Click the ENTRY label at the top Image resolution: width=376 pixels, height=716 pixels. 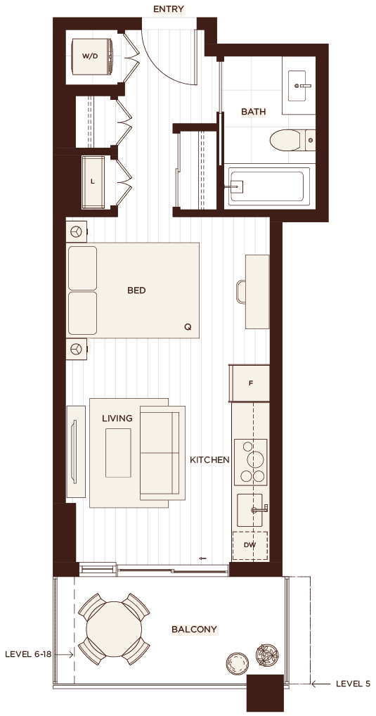coord(169,9)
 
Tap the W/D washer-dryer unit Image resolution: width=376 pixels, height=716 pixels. coord(93,57)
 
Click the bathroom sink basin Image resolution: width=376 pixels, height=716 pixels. coord(302,85)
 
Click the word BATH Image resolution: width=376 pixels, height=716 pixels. coord(253,111)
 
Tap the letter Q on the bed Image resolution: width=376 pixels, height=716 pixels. coord(188,327)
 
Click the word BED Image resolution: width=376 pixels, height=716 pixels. coord(136,290)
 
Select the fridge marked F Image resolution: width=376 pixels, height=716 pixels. coord(249,383)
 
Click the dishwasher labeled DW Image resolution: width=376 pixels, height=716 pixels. coord(249,545)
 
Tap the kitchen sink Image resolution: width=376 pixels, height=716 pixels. coord(250,510)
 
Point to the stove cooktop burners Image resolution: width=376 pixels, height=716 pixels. coord(250,462)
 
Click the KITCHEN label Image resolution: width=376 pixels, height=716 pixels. coord(209,460)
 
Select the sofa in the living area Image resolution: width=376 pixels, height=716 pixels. coord(162,453)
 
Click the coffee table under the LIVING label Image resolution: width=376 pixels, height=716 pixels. coord(118,453)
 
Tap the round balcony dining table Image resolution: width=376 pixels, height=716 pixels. coord(114,629)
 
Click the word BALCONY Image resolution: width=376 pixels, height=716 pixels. coord(195,629)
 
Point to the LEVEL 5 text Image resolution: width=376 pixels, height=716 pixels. coord(354,684)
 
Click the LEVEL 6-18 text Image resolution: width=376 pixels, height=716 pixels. coord(28,654)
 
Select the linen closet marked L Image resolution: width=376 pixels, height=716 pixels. coord(93,181)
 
